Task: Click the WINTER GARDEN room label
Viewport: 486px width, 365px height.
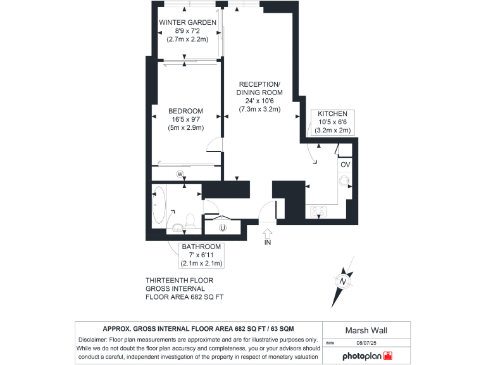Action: [x=187, y=22]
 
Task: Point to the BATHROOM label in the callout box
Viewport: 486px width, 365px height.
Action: [x=201, y=247]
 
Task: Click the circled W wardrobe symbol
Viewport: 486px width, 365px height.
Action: [x=180, y=174]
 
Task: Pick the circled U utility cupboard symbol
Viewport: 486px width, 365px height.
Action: [x=222, y=227]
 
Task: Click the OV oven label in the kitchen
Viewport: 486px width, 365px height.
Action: [x=345, y=165]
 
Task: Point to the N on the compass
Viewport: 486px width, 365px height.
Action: [x=343, y=281]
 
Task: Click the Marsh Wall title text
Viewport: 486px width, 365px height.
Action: [x=365, y=330]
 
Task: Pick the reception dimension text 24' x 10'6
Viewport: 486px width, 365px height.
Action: [x=260, y=100]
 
